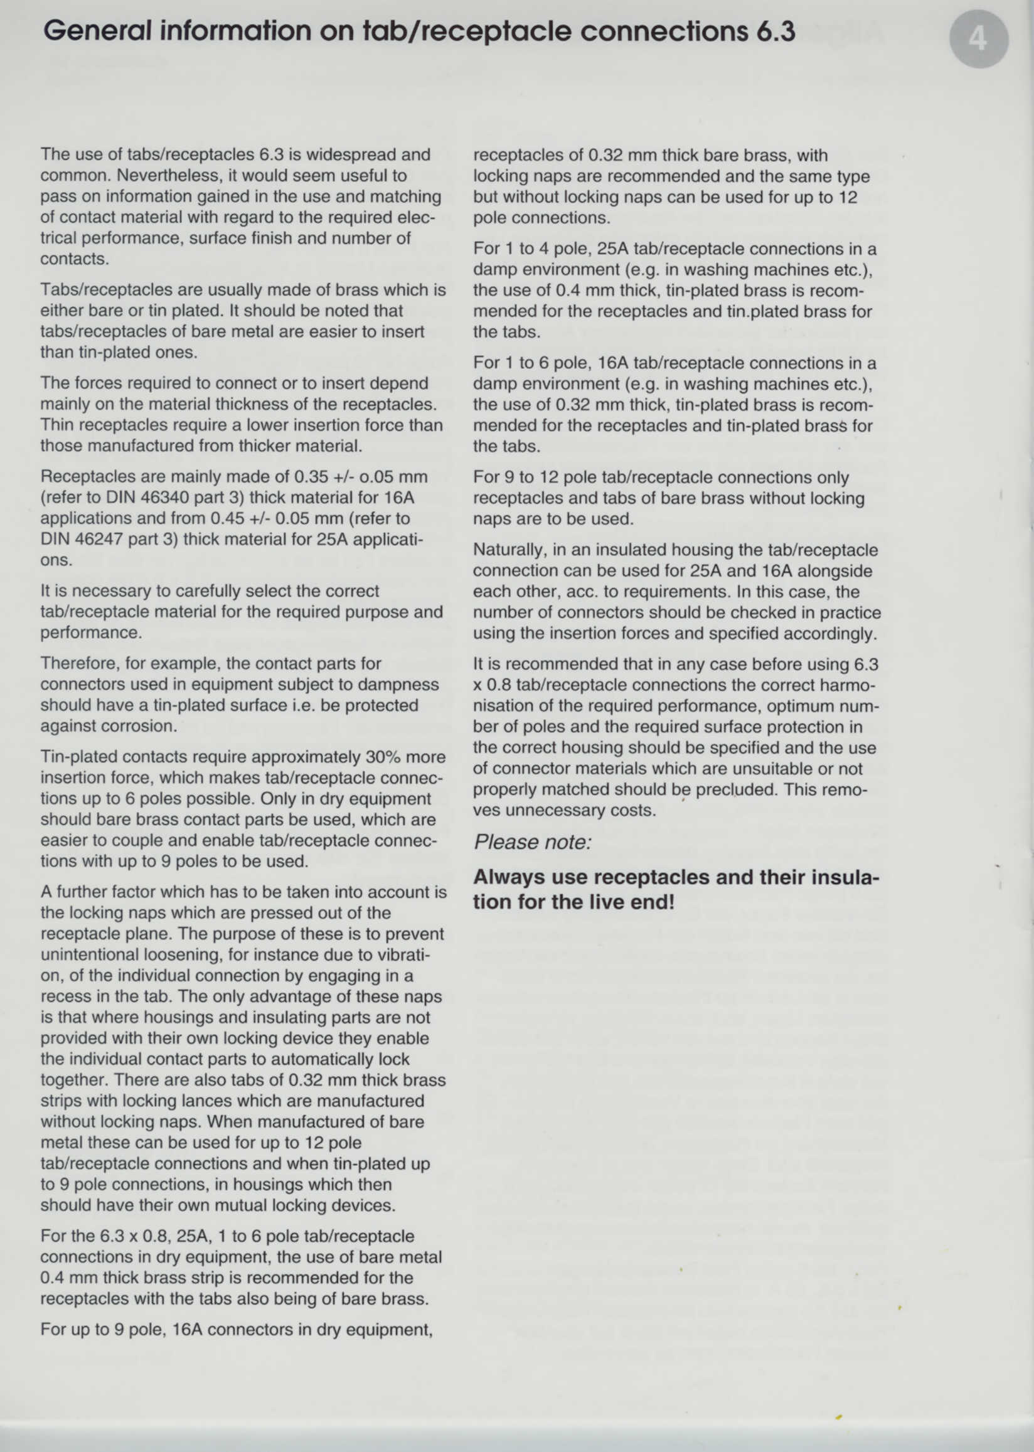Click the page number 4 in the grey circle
point(978,40)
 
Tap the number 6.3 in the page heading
point(775,31)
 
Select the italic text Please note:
point(532,842)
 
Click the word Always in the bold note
point(509,877)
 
